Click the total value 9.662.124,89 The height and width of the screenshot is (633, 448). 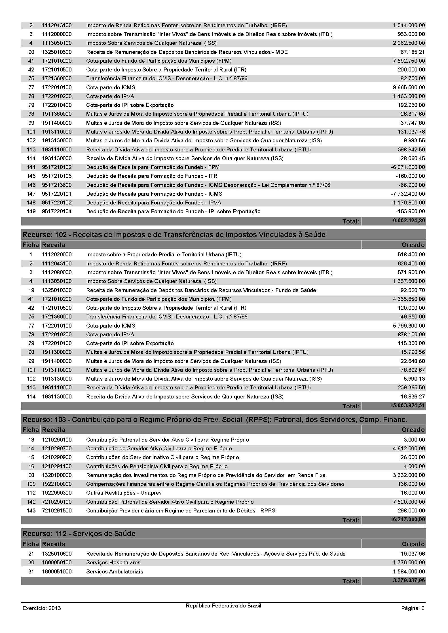pos(409,221)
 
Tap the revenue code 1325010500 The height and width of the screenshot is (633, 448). pos(57,52)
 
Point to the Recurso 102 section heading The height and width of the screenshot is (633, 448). pos(174,235)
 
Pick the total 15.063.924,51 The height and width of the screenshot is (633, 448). pos(407,406)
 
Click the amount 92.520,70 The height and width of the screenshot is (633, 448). pos(411,290)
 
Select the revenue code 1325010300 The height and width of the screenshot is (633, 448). pos(57,290)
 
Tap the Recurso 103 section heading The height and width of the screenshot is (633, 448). pos(215,419)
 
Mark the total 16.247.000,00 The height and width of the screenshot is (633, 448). pos(407,520)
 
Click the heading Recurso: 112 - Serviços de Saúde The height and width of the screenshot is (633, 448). pos(79,533)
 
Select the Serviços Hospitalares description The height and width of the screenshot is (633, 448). pos(113,562)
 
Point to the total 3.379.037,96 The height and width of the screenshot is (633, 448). pos(409,581)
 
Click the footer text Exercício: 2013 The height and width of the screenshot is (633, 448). pos(42,608)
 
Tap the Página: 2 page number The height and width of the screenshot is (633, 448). pos(413,608)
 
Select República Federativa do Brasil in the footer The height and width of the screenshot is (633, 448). pos(223,606)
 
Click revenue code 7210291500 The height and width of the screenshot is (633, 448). pos(57,510)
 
